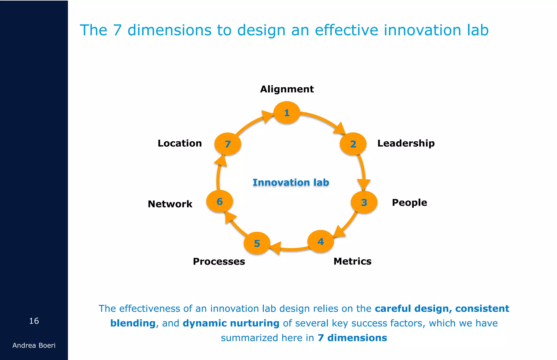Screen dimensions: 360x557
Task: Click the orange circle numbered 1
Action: pyautogui.click(x=287, y=113)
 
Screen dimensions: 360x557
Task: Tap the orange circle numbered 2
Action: pyautogui.click(x=353, y=144)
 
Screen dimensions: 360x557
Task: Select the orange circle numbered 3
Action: pyautogui.click(x=364, y=202)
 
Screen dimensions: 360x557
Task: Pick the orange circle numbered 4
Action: pyautogui.click(x=321, y=241)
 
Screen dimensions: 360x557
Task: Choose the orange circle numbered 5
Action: pyautogui.click(x=257, y=243)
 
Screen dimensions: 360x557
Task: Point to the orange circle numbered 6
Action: pyautogui.click(x=219, y=201)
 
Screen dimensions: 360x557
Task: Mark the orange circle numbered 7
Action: pyautogui.click(x=228, y=144)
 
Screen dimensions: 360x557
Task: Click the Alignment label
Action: pyautogui.click(x=287, y=89)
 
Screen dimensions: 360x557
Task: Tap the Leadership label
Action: pyautogui.click(x=406, y=143)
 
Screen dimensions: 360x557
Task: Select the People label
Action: pyautogui.click(x=409, y=202)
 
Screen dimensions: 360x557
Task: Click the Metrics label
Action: pyautogui.click(x=352, y=261)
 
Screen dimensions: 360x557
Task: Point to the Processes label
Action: pyautogui.click(x=219, y=261)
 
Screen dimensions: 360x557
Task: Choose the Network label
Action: pyautogui.click(x=170, y=204)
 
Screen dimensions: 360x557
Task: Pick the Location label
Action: pyautogui.click(x=180, y=143)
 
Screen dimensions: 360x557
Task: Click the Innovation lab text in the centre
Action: pyautogui.click(x=291, y=182)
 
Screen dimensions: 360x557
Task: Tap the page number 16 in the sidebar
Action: pyautogui.click(x=34, y=321)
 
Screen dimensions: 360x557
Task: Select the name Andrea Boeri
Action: pyautogui.click(x=34, y=345)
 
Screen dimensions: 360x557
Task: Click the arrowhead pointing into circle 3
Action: pyautogui.click(x=364, y=184)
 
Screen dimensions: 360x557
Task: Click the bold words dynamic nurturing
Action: pyautogui.click(x=231, y=323)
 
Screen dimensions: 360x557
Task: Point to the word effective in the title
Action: pyautogui.click(x=346, y=30)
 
